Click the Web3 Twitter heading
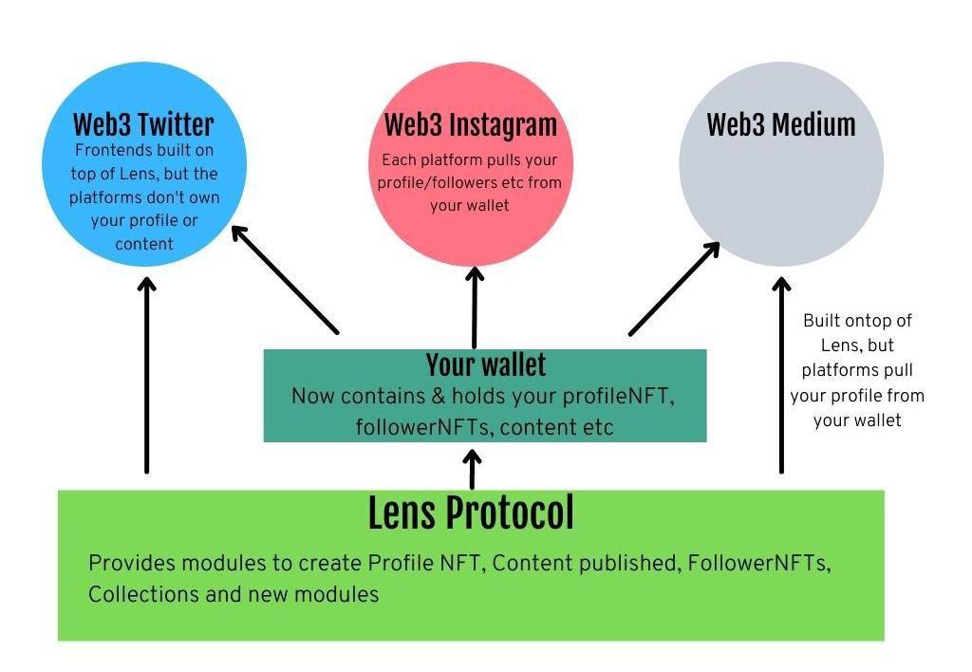click(x=143, y=124)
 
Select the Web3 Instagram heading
click(x=470, y=125)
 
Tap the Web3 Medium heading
click(x=781, y=125)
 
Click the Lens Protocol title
click(x=471, y=513)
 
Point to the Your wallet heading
click(x=485, y=364)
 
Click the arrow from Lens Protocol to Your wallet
click(x=472, y=468)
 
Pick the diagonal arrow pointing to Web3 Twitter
click(x=285, y=279)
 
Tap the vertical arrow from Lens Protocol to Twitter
click(x=146, y=374)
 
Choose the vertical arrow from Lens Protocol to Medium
click(x=781, y=374)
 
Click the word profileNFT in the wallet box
click(x=626, y=396)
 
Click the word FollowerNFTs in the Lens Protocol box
click(x=759, y=562)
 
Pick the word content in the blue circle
click(x=144, y=244)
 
